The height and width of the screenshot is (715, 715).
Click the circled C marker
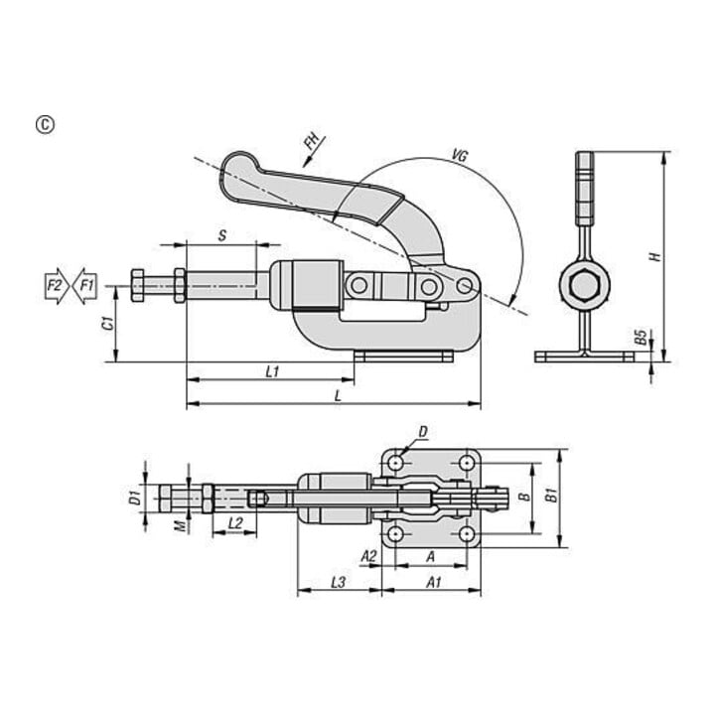coord(45,125)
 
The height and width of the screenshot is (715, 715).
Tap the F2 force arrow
coord(57,286)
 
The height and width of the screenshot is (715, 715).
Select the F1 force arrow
coord(84,286)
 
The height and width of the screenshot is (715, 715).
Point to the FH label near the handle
coord(313,142)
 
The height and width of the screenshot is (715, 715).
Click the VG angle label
coord(460,156)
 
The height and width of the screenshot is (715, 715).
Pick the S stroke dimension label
coord(222,235)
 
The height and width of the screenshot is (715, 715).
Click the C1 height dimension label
coord(107,323)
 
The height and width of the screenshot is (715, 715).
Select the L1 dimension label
coord(272,372)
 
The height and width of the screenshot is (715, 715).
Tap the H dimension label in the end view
coord(655,257)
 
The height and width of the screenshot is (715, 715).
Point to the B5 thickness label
coord(642,338)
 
